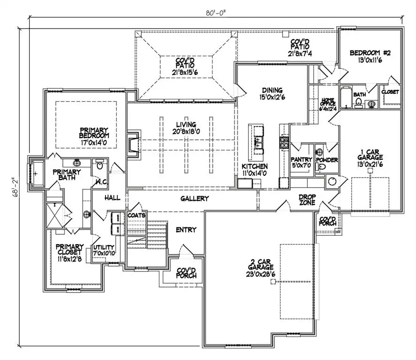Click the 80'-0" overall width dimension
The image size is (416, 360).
click(215, 11)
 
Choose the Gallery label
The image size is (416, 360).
click(194, 199)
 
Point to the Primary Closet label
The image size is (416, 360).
click(69, 250)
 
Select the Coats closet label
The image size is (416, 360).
click(137, 215)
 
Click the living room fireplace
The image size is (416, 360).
click(132, 144)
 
